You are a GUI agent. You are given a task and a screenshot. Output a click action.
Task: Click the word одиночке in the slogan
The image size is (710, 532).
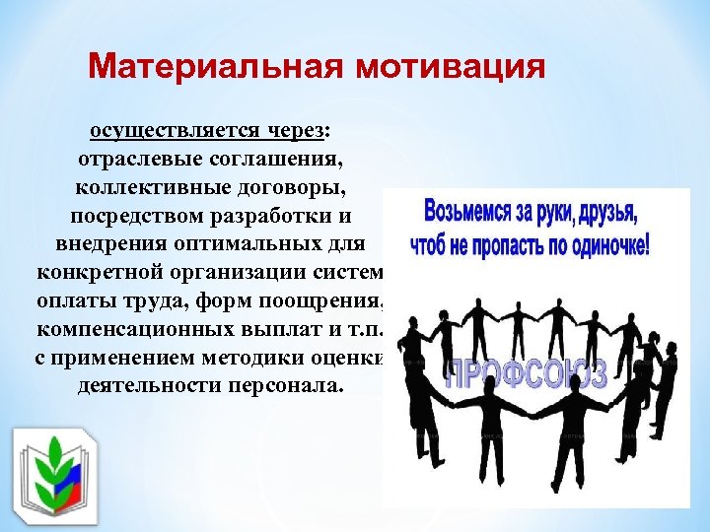600,242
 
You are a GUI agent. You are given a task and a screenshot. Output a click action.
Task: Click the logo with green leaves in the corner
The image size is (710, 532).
56,473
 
